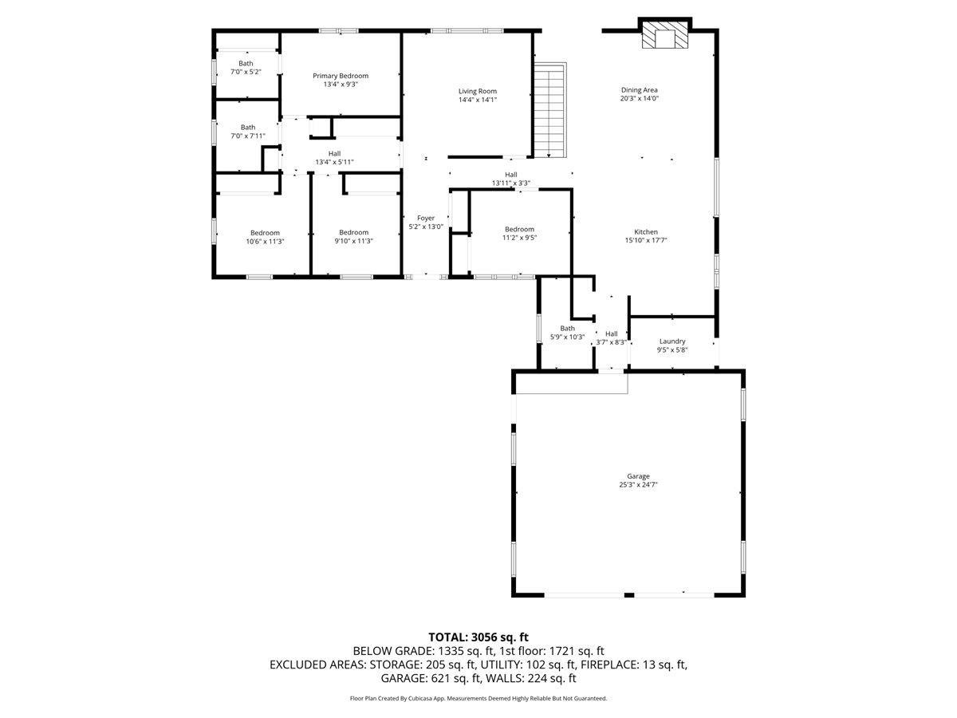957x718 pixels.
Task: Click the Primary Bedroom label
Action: [x=341, y=76]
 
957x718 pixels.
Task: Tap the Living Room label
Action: [x=478, y=91]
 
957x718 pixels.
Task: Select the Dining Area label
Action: [x=639, y=90]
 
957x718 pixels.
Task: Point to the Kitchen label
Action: [x=646, y=232]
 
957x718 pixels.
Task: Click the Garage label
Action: [x=638, y=476]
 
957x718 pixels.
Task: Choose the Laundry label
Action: [x=672, y=341]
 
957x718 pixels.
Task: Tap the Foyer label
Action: [x=426, y=218]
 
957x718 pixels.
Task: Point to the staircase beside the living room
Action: [x=550, y=110]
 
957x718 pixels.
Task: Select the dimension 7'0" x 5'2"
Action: [x=246, y=72]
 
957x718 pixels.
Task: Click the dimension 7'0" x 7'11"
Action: [x=248, y=136]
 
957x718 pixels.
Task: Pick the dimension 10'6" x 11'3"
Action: [x=265, y=241]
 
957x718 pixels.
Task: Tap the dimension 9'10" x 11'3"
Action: [x=353, y=241]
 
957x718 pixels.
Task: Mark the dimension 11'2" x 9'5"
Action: [x=519, y=238]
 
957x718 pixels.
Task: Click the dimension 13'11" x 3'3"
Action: [x=511, y=183]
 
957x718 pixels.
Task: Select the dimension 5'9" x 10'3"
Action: [x=567, y=337]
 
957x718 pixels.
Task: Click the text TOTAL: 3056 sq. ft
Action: [x=478, y=637]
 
